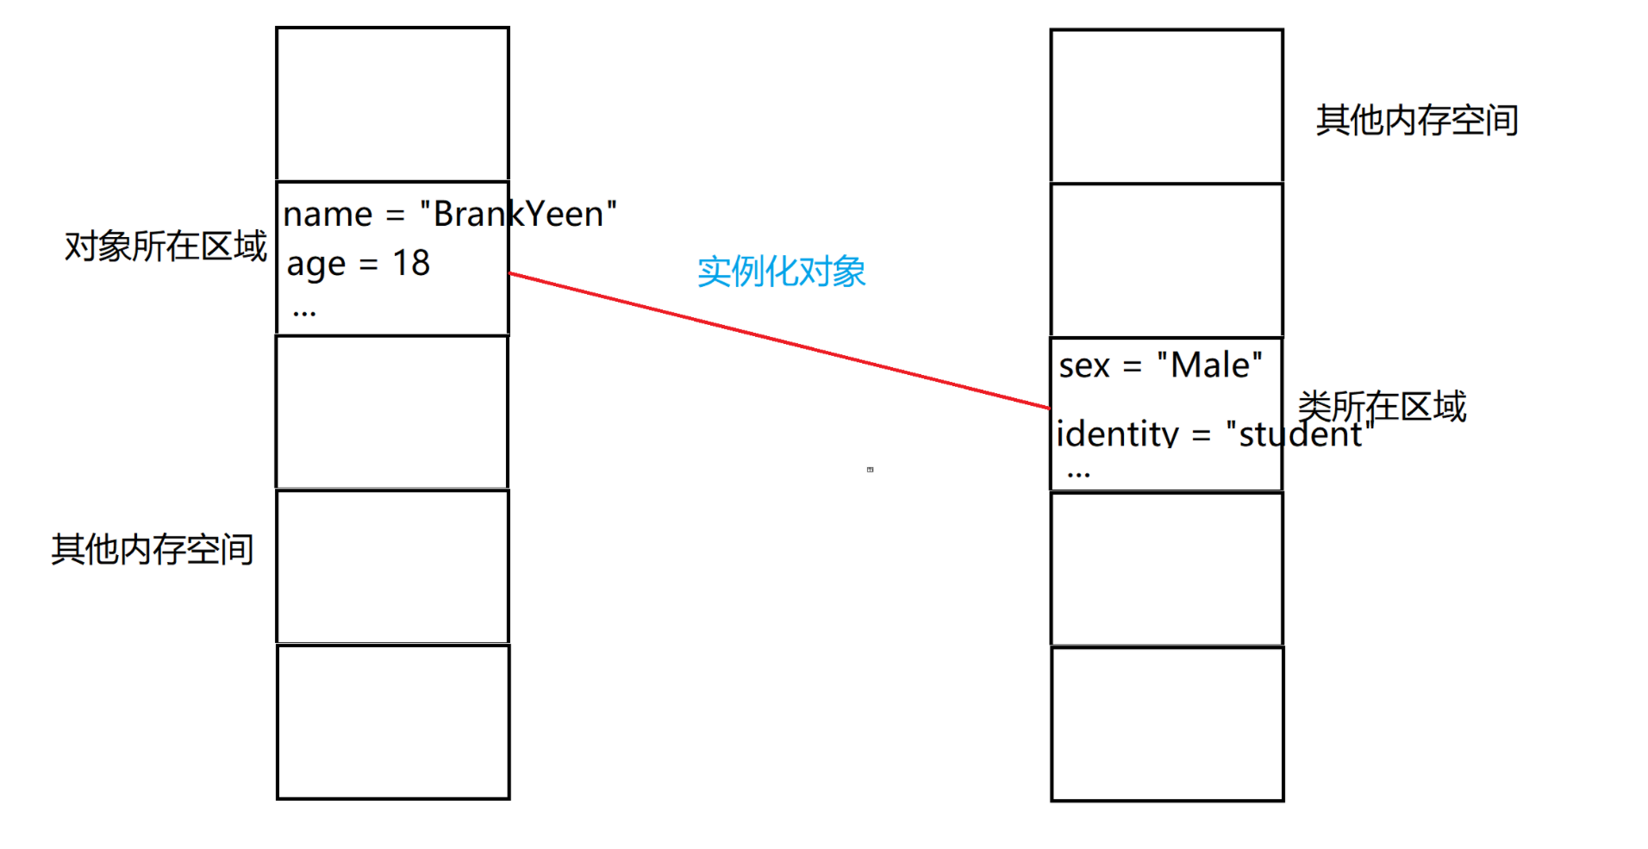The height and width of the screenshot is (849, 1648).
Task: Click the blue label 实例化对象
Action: point(781,272)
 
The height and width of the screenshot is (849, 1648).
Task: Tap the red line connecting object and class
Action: point(779,340)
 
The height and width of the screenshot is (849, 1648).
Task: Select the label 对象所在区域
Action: point(165,247)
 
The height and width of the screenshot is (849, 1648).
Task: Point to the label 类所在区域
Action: point(1382,405)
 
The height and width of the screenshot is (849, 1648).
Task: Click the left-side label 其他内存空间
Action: point(153,549)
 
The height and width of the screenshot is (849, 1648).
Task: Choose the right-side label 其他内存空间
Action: point(1417,120)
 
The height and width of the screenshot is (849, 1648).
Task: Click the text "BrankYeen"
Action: point(518,214)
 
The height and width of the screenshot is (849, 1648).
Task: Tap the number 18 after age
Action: point(411,263)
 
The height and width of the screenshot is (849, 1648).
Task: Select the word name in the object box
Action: point(328,215)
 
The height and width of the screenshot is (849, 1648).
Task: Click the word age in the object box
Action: point(315,265)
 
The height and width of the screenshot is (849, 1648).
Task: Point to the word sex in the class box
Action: point(1084,366)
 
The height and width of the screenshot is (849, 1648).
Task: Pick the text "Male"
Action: point(1209,365)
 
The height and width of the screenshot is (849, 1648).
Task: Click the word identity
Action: point(1117,434)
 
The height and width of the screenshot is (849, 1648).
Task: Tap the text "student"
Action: point(1300,434)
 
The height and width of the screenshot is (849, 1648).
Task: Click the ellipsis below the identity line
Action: point(1078,474)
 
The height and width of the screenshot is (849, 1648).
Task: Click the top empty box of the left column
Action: point(392,103)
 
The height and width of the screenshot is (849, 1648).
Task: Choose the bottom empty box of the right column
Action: point(1167,724)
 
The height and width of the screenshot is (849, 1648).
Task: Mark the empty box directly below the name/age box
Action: point(392,412)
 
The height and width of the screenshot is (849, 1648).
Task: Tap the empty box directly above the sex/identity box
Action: point(1167,259)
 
